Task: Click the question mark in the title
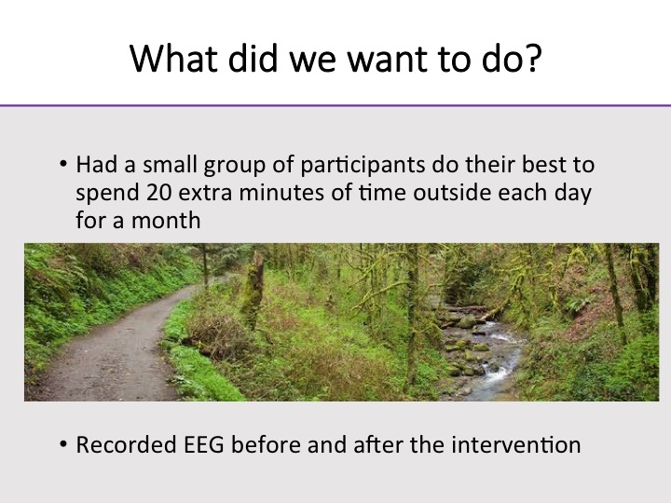[x=533, y=58]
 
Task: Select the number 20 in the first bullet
[x=158, y=193]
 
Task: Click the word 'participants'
[x=363, y=166]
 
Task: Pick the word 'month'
[x=166, y=220]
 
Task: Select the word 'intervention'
[x=516, y=444]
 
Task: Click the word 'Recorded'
[x=127, y=444]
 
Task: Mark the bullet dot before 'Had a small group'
[x=63, y=164]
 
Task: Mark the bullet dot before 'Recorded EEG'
[x=63, y=444]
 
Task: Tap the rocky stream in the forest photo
[x=484, y=355]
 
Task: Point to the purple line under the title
[x=335, y=105]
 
